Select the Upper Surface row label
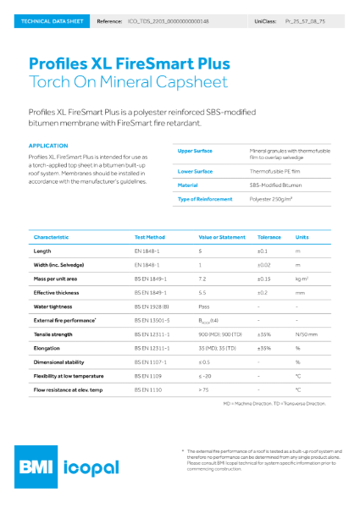[x=195, y=151]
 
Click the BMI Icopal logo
[x=76, y=467]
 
